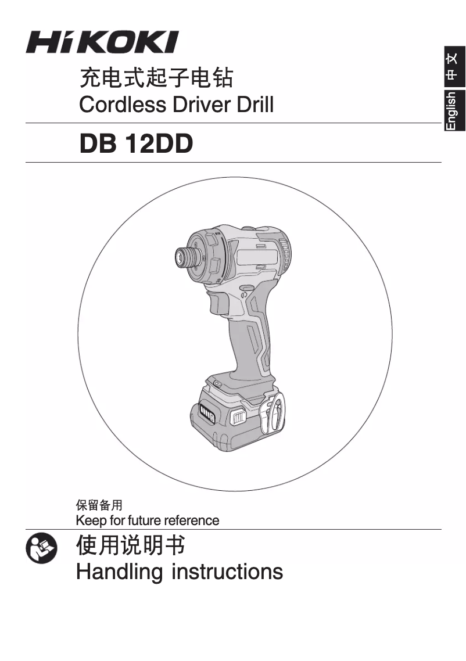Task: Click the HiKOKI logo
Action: pos(102,42)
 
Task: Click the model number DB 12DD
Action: pos(136,143)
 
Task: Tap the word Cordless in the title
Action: pos(122,105)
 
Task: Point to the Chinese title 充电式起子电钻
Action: pos(156,78)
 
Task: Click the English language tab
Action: pos(454,110)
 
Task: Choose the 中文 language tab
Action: pos(454,67)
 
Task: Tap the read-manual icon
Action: pos(41,548)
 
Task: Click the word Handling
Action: pos(119,572)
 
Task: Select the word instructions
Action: pos(227,572)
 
